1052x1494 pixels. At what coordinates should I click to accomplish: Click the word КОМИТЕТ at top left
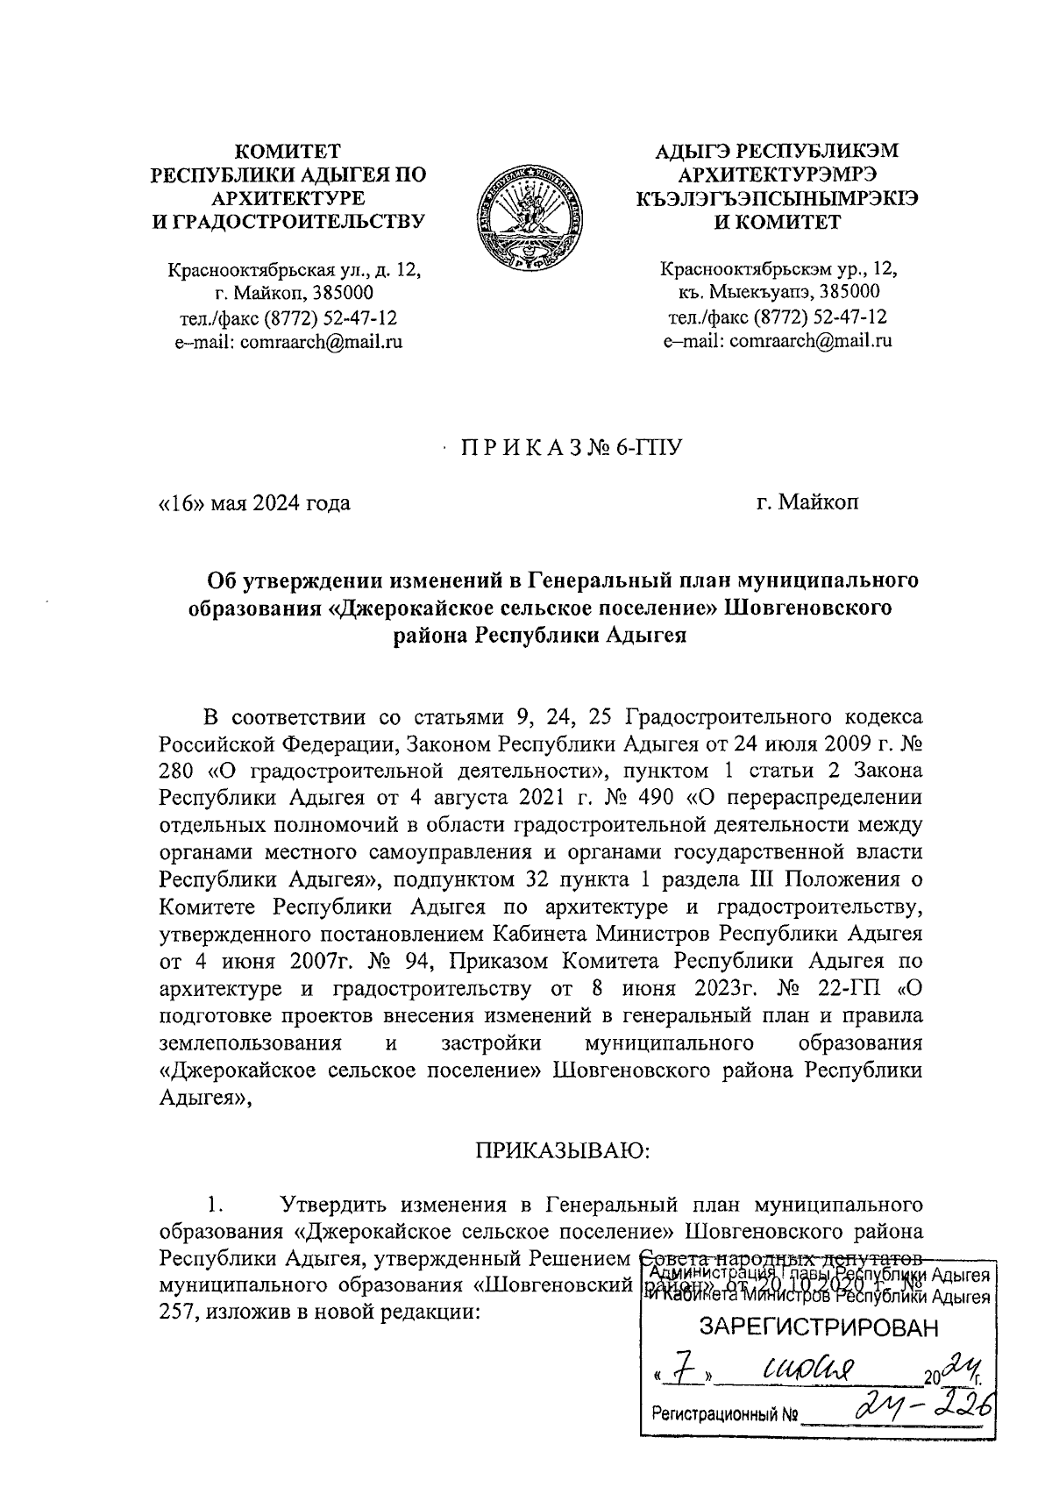coord(290,151)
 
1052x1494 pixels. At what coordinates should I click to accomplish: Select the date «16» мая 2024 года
coord(254,503)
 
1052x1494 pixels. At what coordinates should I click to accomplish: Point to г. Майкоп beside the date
coord(809,503)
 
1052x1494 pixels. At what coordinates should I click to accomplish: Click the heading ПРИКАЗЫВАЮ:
coord(562,1149)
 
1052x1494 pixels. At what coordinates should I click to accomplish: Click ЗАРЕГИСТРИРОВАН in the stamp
coord(817,1329)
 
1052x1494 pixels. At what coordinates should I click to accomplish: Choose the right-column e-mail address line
coord(778,342)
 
